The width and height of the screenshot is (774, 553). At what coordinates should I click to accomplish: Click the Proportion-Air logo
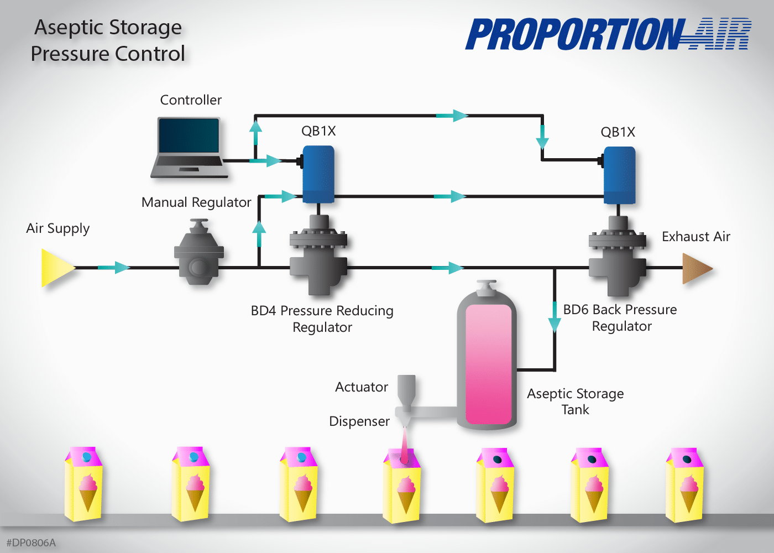point(608,34)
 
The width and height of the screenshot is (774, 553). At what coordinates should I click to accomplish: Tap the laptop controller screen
point(189,135)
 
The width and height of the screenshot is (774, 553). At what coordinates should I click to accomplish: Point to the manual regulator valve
point(198,252)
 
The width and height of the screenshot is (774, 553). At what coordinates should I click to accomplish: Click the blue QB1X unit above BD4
point(318,174)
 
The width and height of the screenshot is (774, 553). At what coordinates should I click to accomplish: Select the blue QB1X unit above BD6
point(619,175)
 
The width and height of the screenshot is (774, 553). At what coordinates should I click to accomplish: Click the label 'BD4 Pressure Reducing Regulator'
point(322,319)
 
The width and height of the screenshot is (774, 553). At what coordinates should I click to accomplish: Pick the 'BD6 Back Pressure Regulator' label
point(620,317)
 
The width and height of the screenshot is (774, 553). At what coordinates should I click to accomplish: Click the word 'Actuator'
point(362,387)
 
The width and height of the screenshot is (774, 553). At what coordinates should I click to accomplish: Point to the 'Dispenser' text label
point(359,421)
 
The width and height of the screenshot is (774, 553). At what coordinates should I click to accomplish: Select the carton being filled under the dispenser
point(402,486)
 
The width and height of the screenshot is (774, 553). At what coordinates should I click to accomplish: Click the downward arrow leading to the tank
point(555,317)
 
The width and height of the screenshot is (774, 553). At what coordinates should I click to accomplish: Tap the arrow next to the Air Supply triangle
point(114,268)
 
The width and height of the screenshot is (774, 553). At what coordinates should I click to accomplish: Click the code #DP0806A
point(31,542)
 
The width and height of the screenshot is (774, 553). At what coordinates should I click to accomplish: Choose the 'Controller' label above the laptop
point(191,100)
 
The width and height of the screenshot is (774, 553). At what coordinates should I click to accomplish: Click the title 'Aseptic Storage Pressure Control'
point(108,40)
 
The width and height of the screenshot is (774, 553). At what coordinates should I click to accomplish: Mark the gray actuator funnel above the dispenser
point(406,392)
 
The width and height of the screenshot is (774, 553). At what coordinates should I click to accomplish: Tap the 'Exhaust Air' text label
point(696,237)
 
